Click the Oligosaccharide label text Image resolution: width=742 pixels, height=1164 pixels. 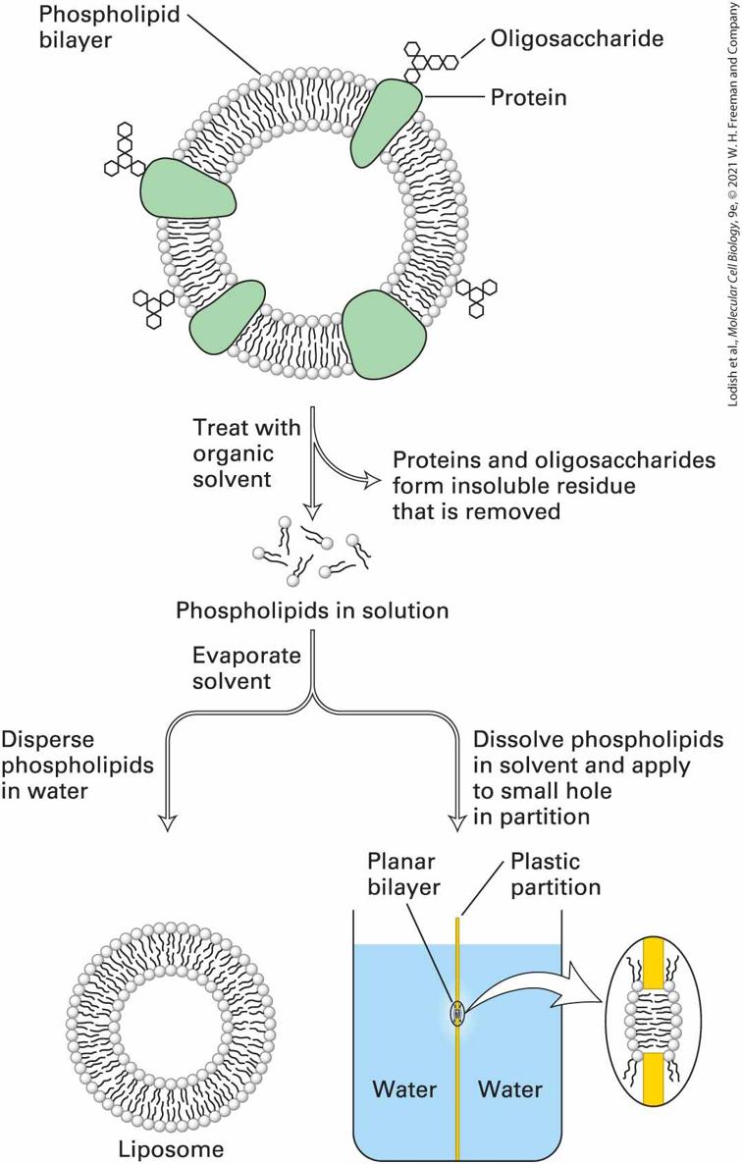(576, 38)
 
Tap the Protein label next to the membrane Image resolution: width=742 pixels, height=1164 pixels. (528, 97)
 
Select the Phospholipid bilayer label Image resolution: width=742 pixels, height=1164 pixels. (109, 26)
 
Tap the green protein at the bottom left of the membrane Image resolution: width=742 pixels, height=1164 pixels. (227, 315)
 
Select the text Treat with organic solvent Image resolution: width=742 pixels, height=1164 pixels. (246, 452)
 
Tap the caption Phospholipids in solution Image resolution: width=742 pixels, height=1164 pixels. (312, 610)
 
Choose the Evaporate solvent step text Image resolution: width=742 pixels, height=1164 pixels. (246, 668)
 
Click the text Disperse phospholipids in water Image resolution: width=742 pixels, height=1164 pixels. (78, 765)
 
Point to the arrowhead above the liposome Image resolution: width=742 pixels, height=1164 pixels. (169, 821)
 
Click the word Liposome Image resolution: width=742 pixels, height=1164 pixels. (171, 1149)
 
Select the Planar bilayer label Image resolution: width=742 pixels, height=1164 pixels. (403, 873)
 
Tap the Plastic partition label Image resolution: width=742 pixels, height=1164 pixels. (555, 873)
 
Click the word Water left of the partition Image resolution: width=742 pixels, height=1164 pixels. (403, 1089)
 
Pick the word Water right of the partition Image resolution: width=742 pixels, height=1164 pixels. (509, 1089)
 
